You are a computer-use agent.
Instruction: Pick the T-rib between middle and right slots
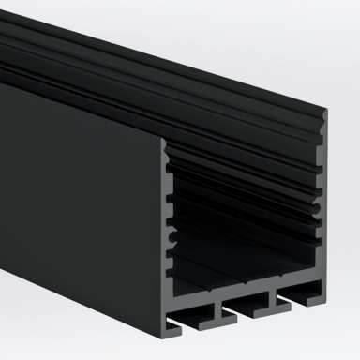[x=273, y=295]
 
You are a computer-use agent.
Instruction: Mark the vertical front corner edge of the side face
[x=161, y=234]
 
